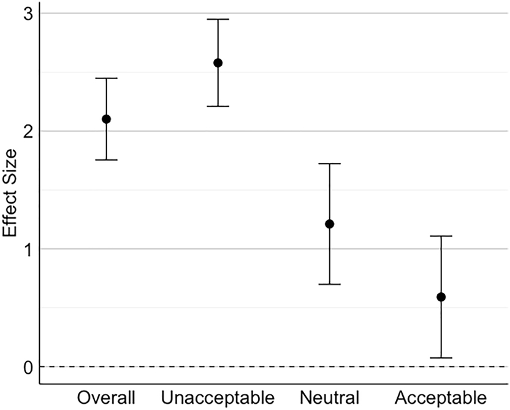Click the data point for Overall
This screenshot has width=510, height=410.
(106, 119)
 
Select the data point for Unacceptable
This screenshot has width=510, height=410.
(218, 63)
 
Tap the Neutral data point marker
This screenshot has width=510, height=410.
(330, 224)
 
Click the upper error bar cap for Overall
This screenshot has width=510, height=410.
(106, 78)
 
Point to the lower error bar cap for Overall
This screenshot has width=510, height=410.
(106, 160)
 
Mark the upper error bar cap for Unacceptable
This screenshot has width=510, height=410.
(218, 20)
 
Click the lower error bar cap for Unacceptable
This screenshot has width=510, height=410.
(218, 107)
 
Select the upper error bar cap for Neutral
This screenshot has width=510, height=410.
(330, 164)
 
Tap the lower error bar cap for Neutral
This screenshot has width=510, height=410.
(330, 284)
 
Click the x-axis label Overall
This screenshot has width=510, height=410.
(106, 397)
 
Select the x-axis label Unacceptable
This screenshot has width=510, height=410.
(218, 397)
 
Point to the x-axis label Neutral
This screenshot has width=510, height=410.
(330, 397)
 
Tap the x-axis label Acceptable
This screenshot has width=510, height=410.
(441, 397)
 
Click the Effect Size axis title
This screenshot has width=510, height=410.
(10, 190)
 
